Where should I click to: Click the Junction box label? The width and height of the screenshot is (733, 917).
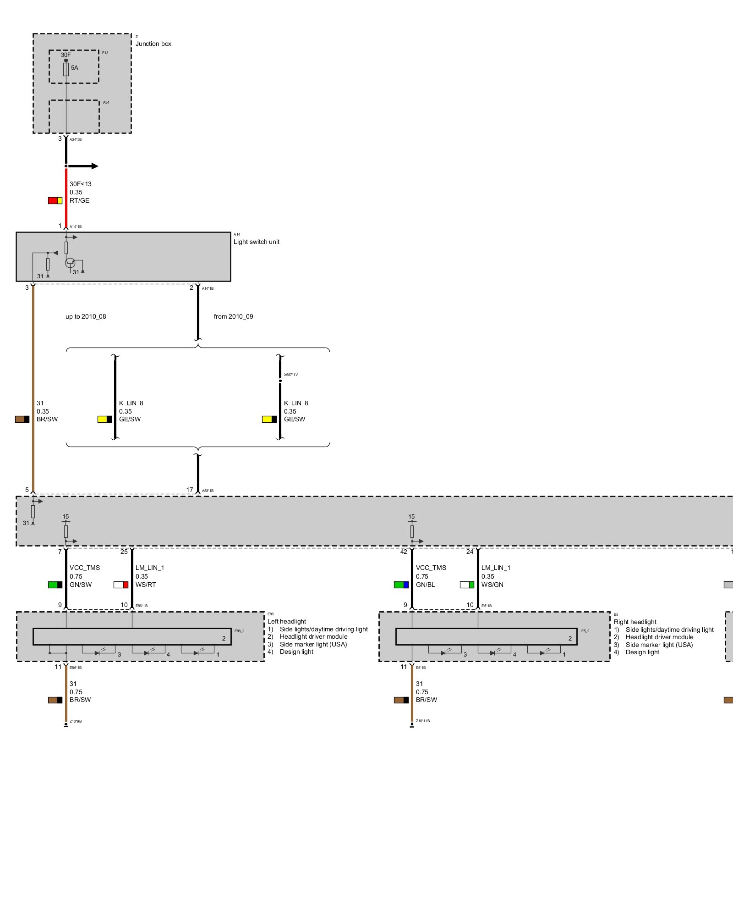pos(153,44)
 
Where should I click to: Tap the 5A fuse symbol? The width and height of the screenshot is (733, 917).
pos(66,69)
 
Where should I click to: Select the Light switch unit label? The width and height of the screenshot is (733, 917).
pos(256,242)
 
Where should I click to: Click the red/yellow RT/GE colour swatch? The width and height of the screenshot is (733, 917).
pos(55,200)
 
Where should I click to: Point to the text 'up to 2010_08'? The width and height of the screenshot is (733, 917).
pos(86,316)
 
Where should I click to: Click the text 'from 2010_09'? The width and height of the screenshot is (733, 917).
pos(233,316)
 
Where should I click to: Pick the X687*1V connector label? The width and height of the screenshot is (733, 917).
pos(290,375)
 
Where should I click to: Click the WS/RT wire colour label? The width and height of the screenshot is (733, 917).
pos(146,585)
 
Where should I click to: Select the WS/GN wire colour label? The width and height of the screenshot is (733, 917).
pos(492,585)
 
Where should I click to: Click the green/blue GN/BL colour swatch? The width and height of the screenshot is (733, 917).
pos(401,585)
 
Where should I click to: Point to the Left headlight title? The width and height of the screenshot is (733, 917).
pos(287,621)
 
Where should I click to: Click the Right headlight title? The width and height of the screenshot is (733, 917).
pos(635,622)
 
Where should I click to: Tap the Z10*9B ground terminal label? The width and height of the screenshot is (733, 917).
pos(76,721)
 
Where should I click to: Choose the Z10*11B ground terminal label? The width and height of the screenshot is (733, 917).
pos(422,721)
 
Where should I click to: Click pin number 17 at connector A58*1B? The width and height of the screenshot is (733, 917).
pos(190,490)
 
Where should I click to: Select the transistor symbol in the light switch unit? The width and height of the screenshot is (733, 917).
pos(70,263)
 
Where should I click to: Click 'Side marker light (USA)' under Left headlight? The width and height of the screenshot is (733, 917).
pos(313,644)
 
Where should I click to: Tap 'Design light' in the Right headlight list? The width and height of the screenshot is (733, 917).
pos(642,652)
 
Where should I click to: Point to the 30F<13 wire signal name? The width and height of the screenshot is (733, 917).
pos(81,184)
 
